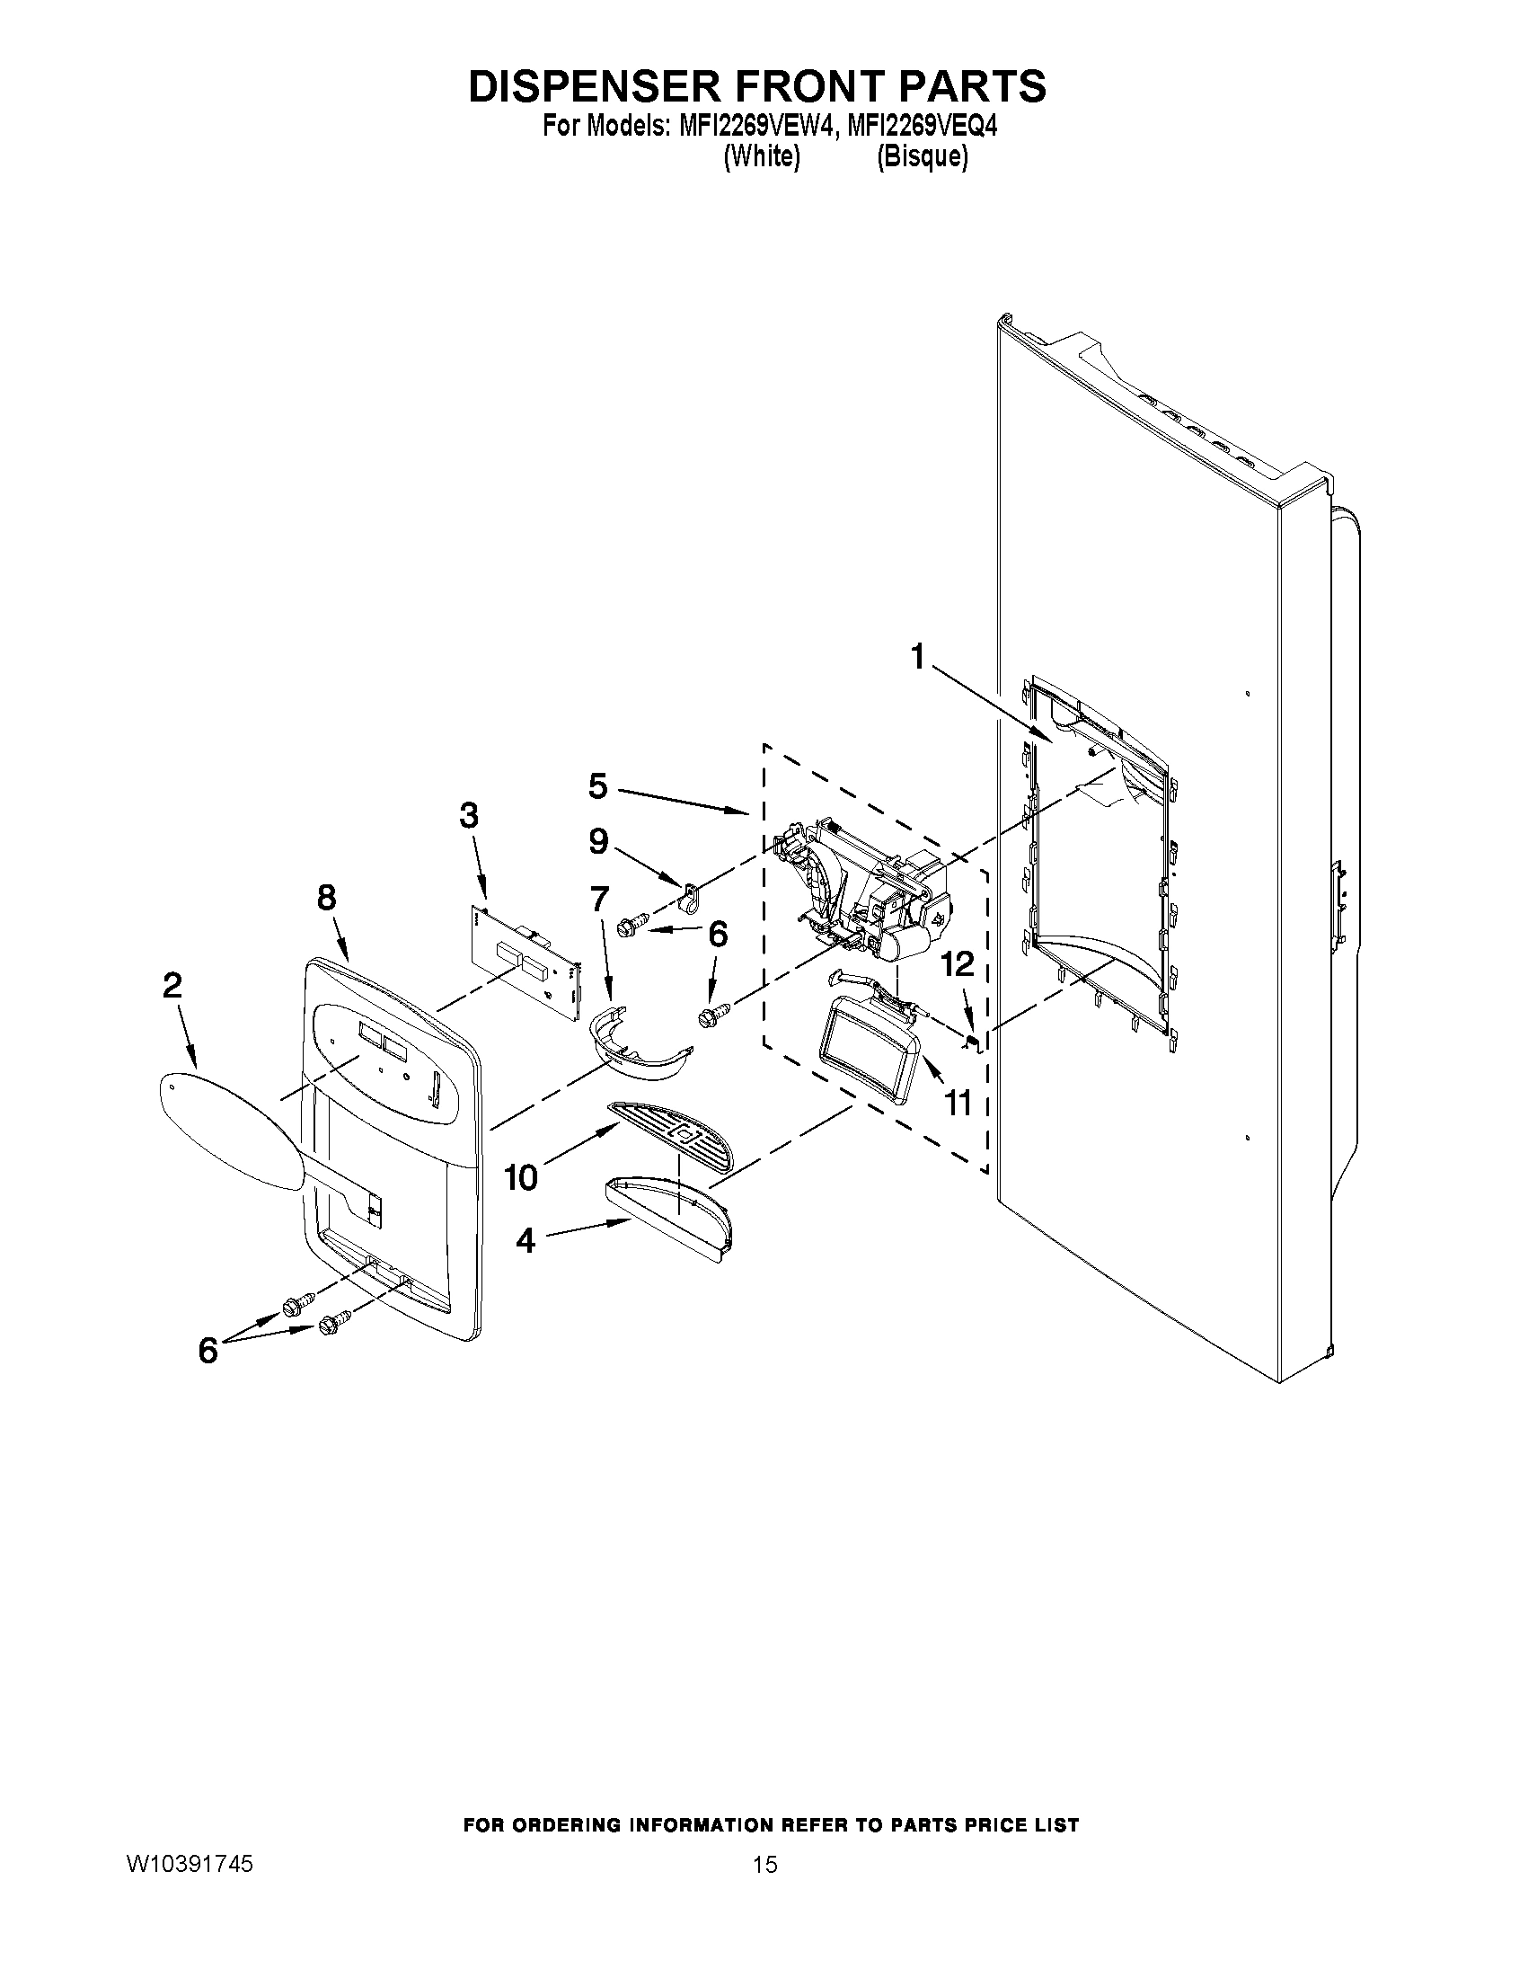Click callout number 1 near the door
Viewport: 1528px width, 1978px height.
[918, 656]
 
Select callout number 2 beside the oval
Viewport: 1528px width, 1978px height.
[172, 985]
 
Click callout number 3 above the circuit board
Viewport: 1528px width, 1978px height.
[468, 816]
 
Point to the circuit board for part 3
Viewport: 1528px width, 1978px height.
[525, 960]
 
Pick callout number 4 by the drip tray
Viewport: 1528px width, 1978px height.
[526, 1240]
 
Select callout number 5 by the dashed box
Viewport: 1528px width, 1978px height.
[597, 785]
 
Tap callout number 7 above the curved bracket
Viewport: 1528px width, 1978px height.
[600, 900]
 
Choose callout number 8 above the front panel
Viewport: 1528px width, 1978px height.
[327, 898]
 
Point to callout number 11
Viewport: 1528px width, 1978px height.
[958, 1103]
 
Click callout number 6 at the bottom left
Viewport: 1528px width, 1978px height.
[208, 1351]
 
